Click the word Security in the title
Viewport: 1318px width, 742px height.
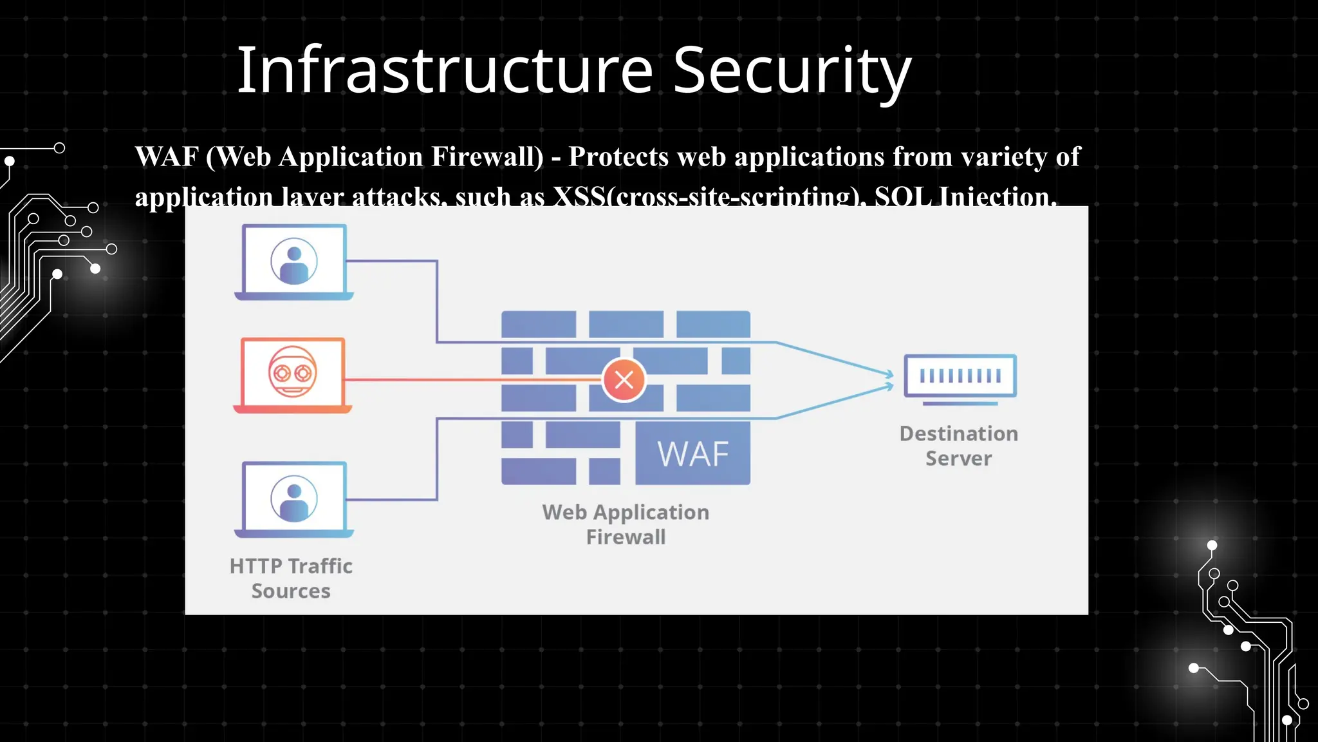coord(792,70)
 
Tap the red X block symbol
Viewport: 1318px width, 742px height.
coord(624,380)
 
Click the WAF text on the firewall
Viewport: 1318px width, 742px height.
coord(693,454)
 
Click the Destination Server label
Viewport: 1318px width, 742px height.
coord(959,446)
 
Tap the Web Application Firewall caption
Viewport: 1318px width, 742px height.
coord(626,524)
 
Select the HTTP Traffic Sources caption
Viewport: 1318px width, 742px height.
coord(291,578)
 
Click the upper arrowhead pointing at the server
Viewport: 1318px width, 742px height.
coord(889,374)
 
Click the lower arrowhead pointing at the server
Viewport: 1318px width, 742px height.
coord(889,386)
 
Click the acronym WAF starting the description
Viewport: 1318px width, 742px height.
coord(167,157)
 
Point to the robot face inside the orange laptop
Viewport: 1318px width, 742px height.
coord(293,372)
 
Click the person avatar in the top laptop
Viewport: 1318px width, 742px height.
coord(294,262)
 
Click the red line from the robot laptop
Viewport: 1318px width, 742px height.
coord(470,380)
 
